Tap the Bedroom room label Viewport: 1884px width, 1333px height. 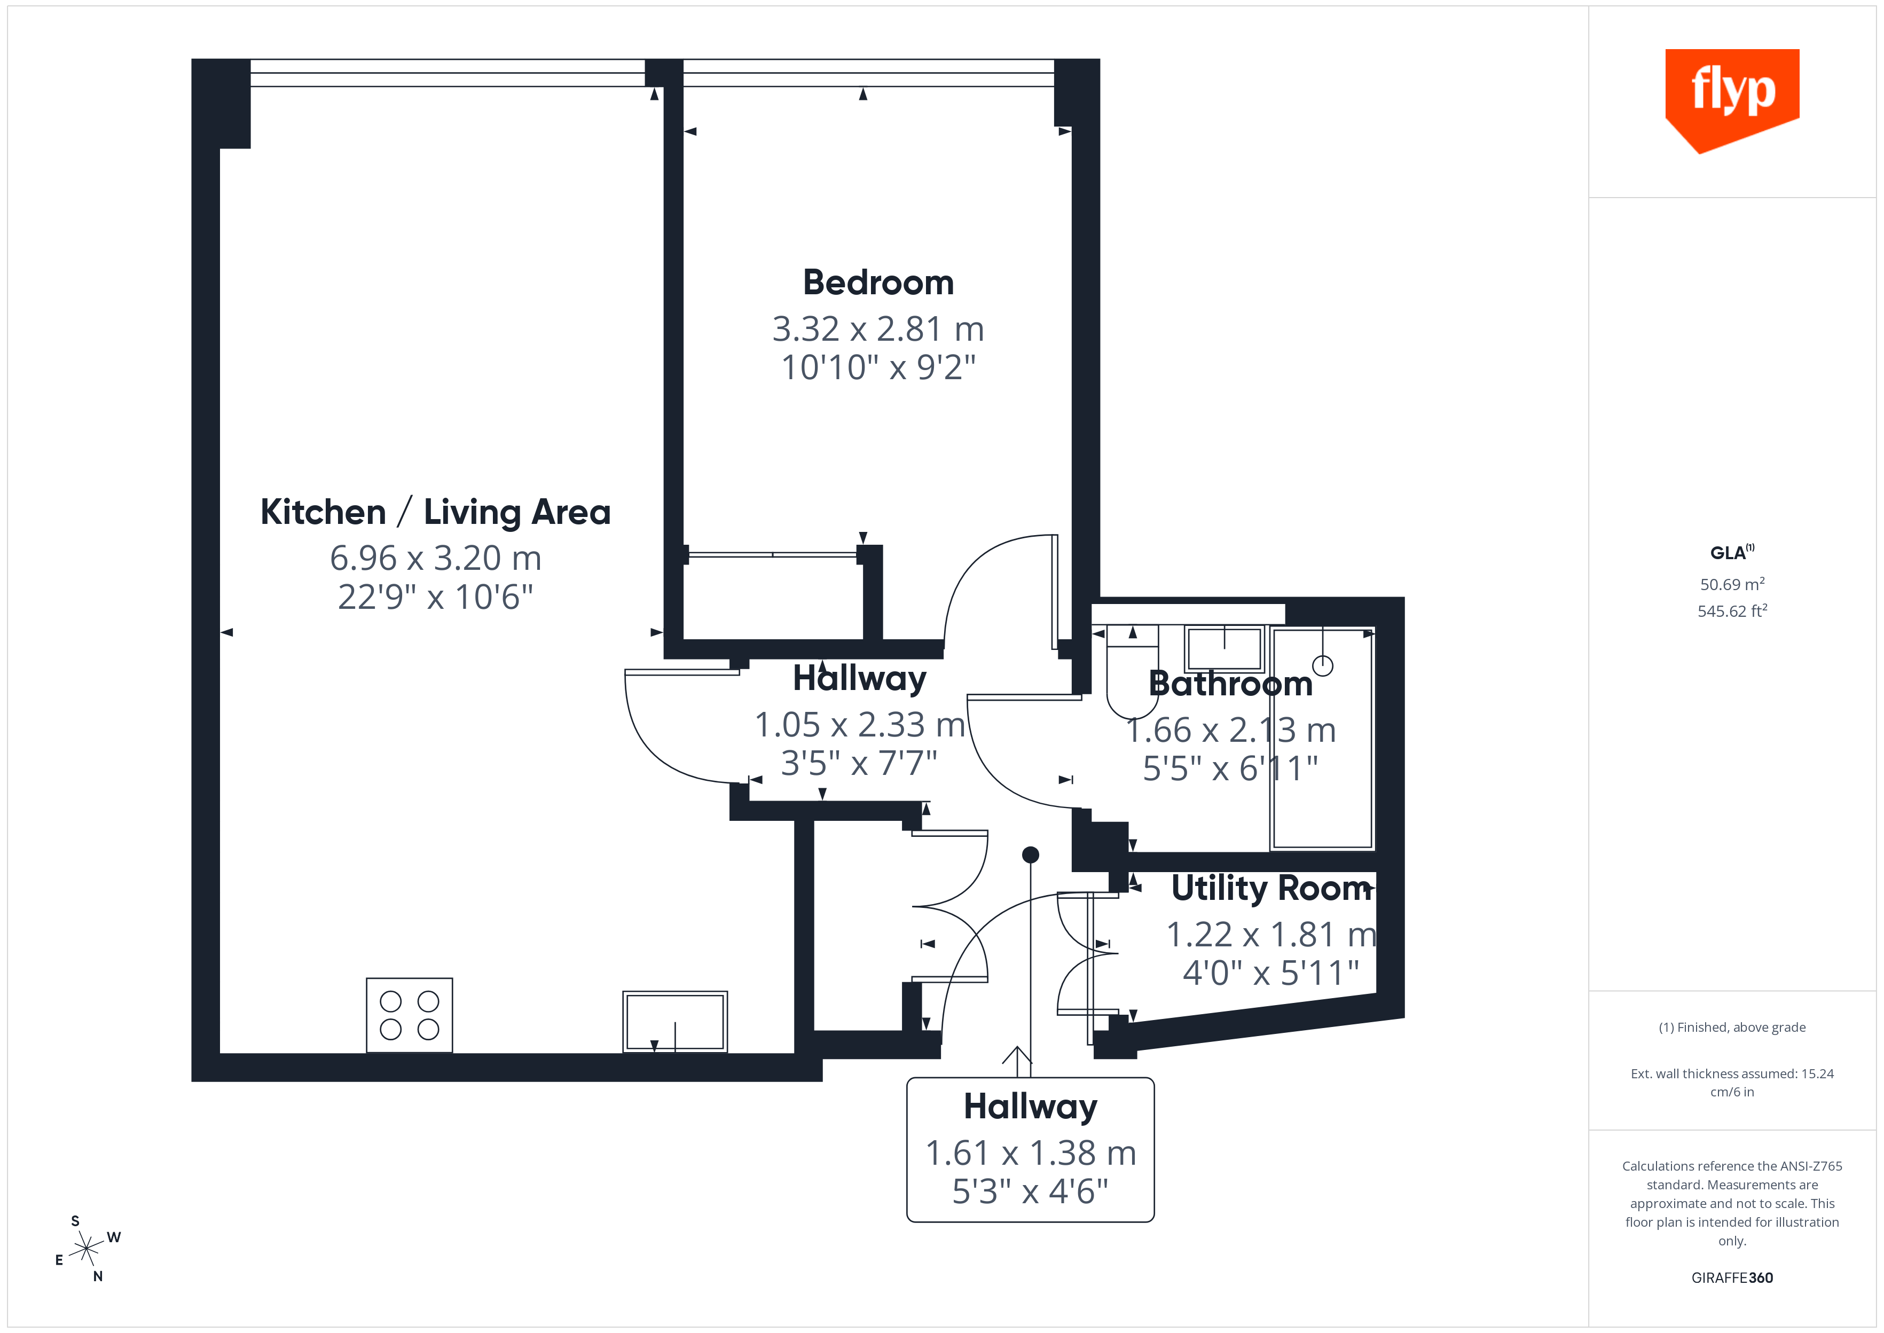pos(878,283)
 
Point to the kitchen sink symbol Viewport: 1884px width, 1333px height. pos(674,1021)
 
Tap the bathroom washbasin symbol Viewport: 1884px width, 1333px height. pos(1223,648)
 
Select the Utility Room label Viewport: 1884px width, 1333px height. pos(1271,888)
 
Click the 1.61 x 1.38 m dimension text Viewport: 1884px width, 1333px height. pos(1031,1153)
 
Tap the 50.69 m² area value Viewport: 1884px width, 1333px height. pos(1731,584)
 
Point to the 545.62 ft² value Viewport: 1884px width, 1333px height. pos(1731,610)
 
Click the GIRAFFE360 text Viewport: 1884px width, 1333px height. pos(1731,1277)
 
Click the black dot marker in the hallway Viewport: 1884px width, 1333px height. pos(1031,854)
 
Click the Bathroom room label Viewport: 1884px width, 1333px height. pos(1230,684)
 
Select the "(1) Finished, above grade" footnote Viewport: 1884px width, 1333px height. pos(1731,1027)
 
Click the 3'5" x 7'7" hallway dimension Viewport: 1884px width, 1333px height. pos(858,763)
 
